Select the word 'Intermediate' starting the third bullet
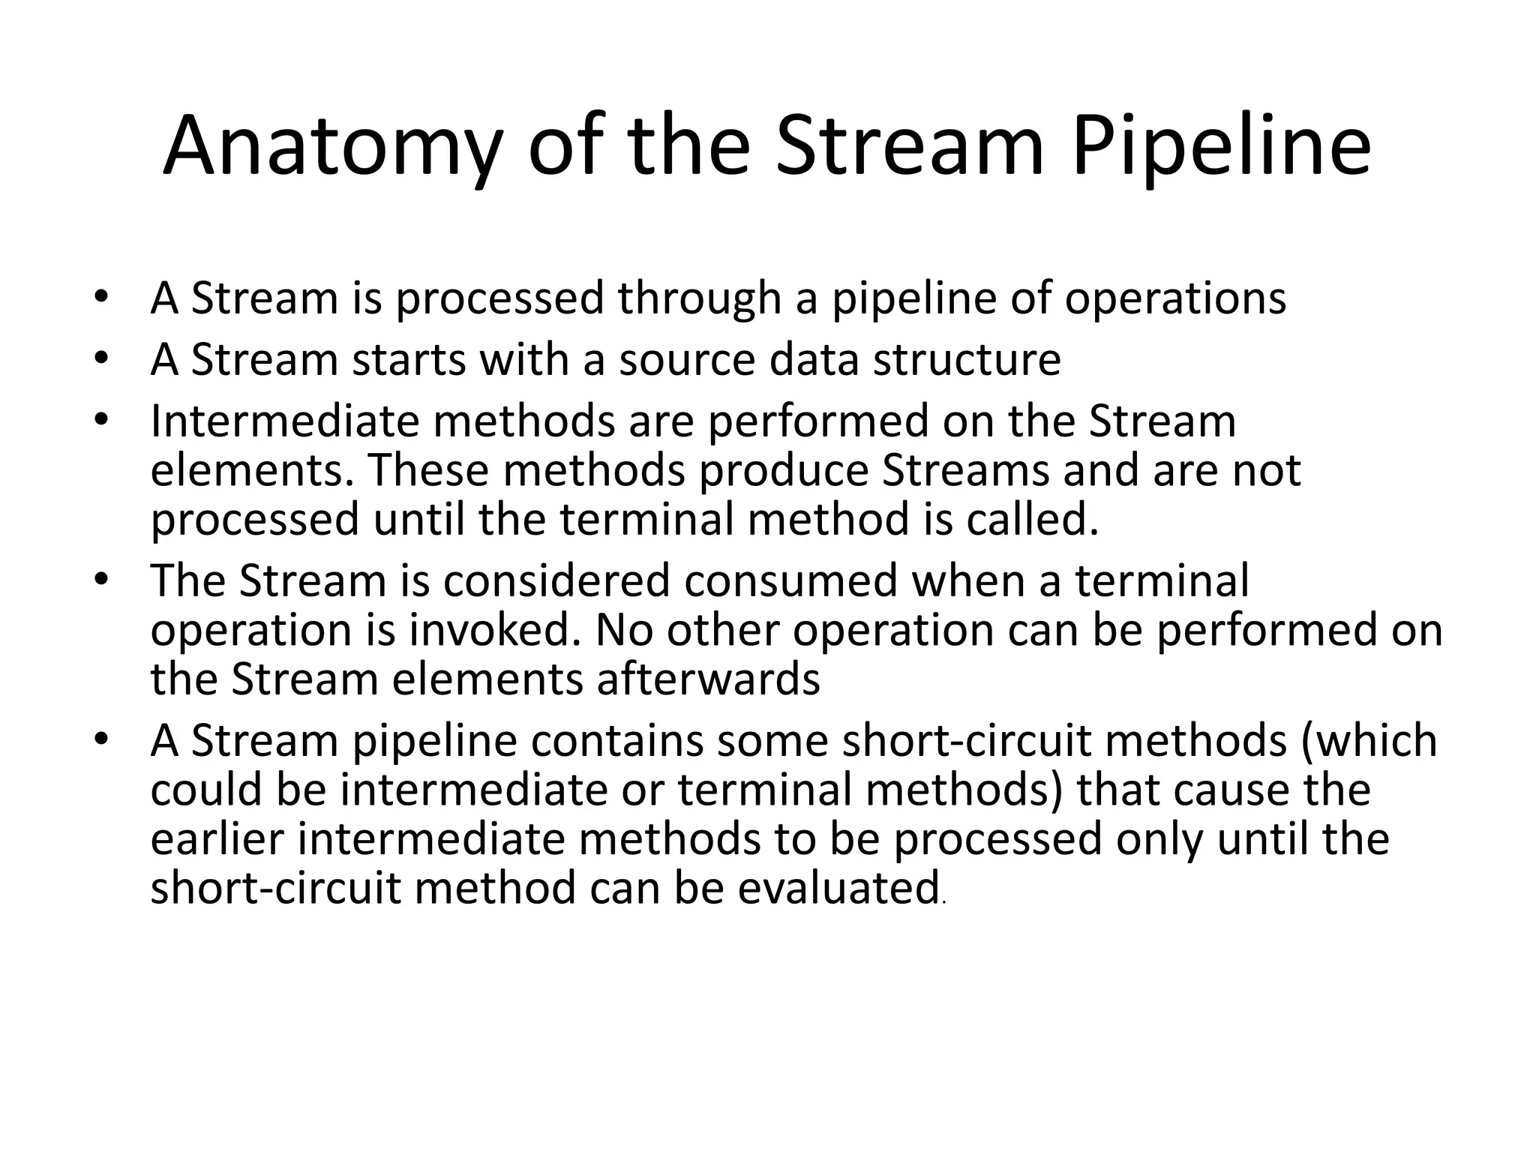(284, 421)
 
